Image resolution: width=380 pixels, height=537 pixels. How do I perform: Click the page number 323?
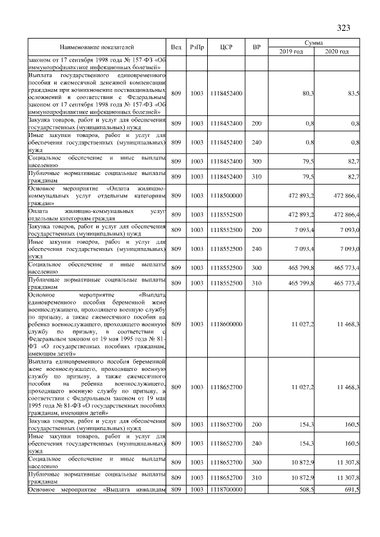click(343, 28)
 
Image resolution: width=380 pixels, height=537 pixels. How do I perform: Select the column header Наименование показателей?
click(96, 47)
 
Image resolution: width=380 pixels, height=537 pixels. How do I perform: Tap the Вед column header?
click(176, 47)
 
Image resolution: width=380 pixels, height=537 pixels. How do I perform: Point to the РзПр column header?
click(197, 47)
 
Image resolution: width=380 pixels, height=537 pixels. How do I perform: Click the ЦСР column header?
click(225, 47)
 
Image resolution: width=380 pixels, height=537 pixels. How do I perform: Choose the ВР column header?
click(256, 47)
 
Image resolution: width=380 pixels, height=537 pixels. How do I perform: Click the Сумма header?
click(314, 43)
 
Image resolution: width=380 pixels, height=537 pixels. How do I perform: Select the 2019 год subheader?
click(291, 52)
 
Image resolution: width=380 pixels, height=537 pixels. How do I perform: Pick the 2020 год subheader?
click(337, 52)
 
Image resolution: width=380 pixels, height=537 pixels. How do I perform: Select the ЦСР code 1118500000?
click(226, 195)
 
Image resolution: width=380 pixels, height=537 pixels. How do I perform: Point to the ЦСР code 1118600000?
click(226, 324)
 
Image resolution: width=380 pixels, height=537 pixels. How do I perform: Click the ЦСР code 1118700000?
click(226, 490)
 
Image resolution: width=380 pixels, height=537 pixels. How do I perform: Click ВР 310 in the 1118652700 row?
click(256, 478)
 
